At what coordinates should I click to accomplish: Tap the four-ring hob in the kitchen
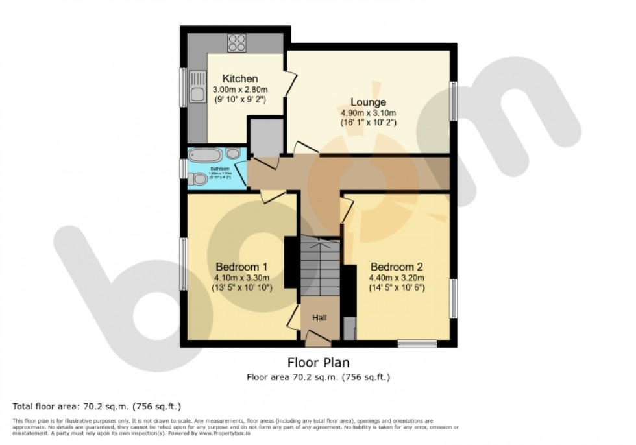pyautogui.click(x=237, y=43)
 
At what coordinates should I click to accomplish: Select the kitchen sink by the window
pyautogui.click(x=197, y=92)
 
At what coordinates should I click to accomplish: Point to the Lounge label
pyautogui.click(x=368, y=102)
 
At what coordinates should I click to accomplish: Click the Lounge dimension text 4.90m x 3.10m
pyautogui.click(x=368, y=112)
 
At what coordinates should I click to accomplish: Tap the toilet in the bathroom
pyautogui.click(x=200, y=178)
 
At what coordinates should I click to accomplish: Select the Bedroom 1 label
pyautogui.click(x=241, y=267)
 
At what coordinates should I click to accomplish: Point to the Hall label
pyautogui.click(x=319, y=317)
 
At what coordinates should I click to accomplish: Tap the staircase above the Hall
pyautogui.click(x=319, y=266)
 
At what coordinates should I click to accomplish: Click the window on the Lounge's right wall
pyautogui.click(x=454, y=101)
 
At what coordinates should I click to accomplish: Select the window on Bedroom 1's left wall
pyautogui.click(x=184, y=264)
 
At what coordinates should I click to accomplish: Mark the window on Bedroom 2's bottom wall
pyautogui.click(x=417, y=344)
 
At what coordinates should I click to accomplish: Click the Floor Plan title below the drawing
pyautogui.click(x=318, y=363)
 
